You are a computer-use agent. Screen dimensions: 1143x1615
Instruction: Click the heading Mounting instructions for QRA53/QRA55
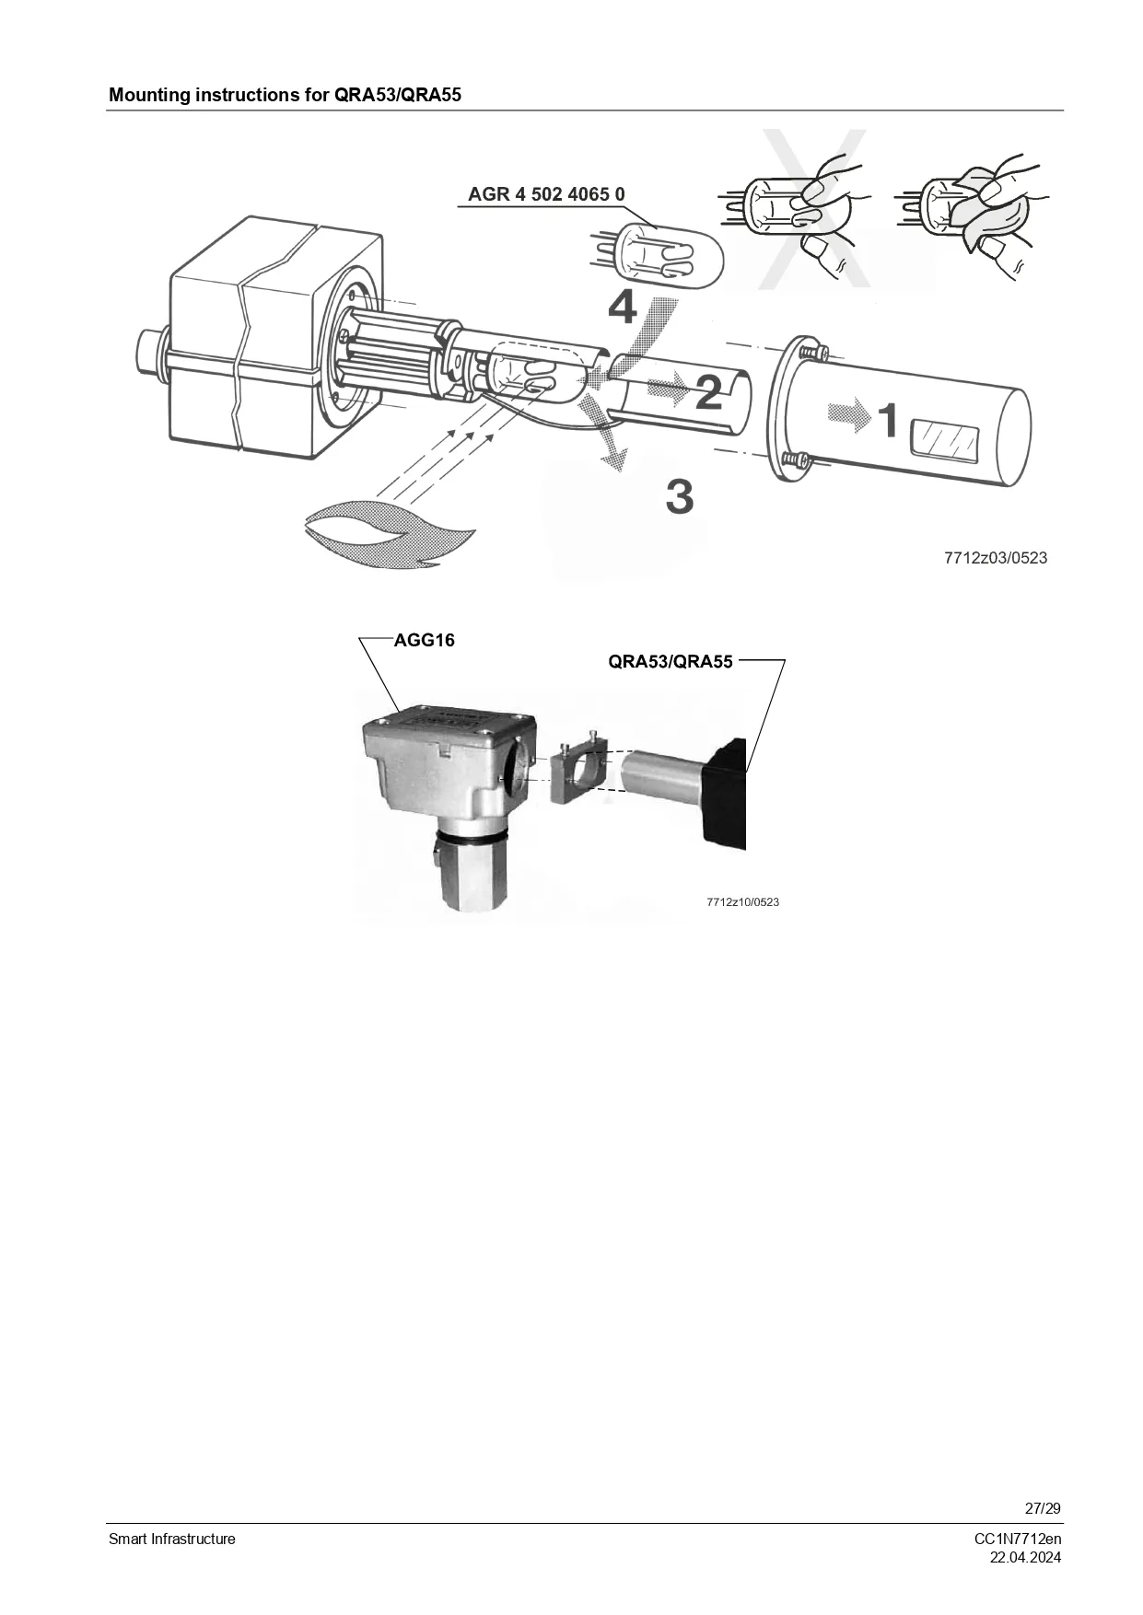click(285, 95)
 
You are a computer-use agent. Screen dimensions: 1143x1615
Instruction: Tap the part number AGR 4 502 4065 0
click(546, 194)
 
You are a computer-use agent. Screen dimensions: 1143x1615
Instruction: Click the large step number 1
click(887, 420)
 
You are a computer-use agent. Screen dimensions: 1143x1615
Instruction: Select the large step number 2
click(707, 392)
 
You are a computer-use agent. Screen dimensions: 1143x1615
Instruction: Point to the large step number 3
click(680, 496)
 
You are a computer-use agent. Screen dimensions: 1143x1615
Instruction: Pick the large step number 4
click(623, 307)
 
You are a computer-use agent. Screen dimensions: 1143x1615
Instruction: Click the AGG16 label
click(425, 640)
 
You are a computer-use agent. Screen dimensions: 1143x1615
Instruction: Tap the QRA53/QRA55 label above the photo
click(671, 661)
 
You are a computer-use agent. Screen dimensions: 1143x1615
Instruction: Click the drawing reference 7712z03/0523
click(996, 558)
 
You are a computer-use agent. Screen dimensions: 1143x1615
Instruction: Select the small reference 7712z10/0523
click(742, 902)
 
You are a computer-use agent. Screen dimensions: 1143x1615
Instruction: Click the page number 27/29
click(1043, 1508)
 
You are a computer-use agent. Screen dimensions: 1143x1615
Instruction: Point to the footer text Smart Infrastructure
click(172, 1539)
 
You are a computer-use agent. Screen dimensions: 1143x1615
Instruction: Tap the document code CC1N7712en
click(1018, 1539)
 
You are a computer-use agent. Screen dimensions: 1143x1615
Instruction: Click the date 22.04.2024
click(1025, 1557)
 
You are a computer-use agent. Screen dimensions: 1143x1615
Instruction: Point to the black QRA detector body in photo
click(724, 790)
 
